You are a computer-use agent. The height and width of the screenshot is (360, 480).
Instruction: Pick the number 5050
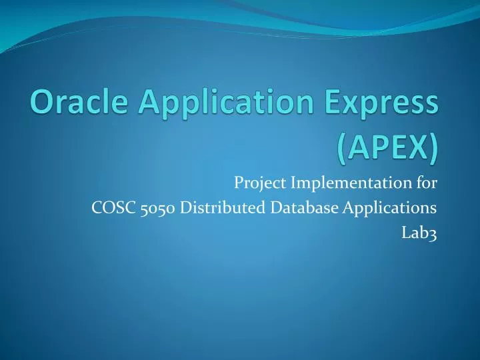point(159,208)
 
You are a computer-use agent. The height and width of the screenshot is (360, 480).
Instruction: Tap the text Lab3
point(421,233)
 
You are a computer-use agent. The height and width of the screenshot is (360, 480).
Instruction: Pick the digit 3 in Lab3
point(433,234)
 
